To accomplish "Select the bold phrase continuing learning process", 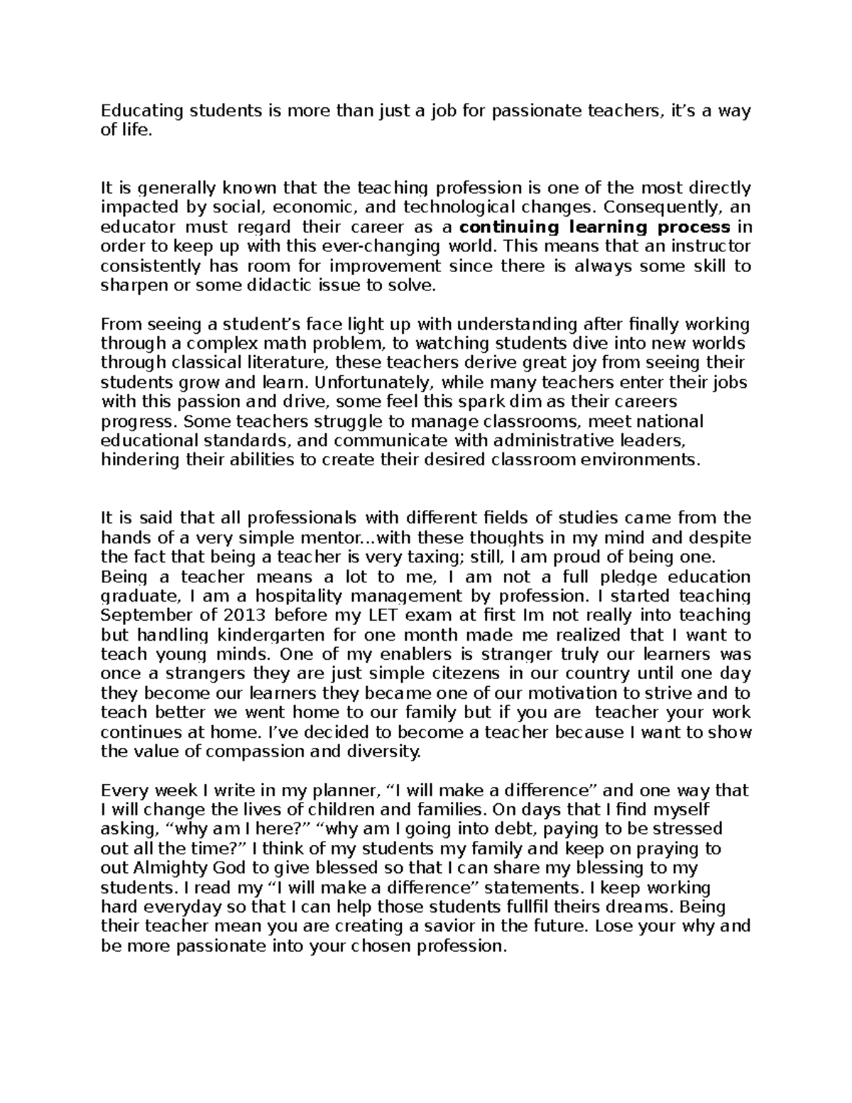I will [x=595, y=227].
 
